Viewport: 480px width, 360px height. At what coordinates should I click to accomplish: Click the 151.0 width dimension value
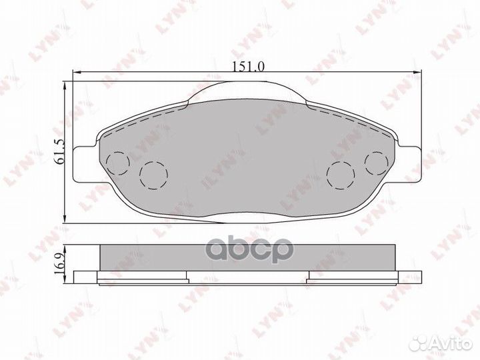248,67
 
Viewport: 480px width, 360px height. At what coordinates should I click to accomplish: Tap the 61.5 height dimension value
60,151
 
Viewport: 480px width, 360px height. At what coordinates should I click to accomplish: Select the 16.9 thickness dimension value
60,263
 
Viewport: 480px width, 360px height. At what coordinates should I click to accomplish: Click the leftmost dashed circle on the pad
118,163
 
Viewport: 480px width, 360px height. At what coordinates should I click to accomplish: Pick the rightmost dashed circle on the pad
377,163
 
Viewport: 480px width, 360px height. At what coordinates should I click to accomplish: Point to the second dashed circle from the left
154,175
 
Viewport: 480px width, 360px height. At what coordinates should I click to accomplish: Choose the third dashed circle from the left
341,175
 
